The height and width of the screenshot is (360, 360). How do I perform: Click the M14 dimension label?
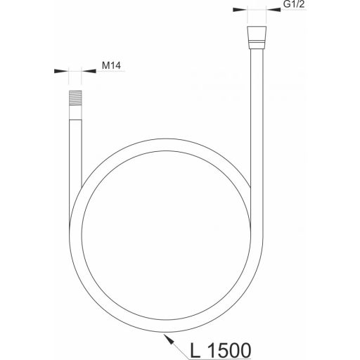(111, 65)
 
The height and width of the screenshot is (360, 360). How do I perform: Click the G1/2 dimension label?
(294, 4)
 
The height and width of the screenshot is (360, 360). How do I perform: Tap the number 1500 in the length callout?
(229, 350)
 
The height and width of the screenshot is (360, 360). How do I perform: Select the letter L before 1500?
(195, 350)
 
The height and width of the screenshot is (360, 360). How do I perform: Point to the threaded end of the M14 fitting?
(75, 98)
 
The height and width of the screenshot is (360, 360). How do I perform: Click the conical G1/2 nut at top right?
(257, 34)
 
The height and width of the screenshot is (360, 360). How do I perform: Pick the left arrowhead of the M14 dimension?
(61, 71)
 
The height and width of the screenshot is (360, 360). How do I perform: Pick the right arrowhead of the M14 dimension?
(89, 71)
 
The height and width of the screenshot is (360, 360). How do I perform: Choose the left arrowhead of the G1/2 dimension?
(240, 10)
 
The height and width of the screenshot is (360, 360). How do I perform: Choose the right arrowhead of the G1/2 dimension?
(274, 10)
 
